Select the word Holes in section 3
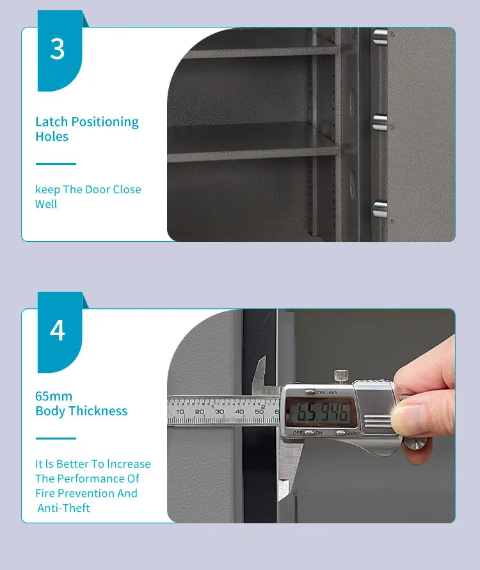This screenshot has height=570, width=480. coord(52,136)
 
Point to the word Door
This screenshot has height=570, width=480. coord(96,189)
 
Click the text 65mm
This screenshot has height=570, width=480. coord(54,396)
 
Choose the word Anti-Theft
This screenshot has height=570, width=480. coord(64,508)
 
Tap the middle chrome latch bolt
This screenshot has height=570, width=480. coord(380,122)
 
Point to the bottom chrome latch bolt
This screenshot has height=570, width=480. coord(380,208)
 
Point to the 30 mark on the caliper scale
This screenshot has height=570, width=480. coord(220,411)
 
